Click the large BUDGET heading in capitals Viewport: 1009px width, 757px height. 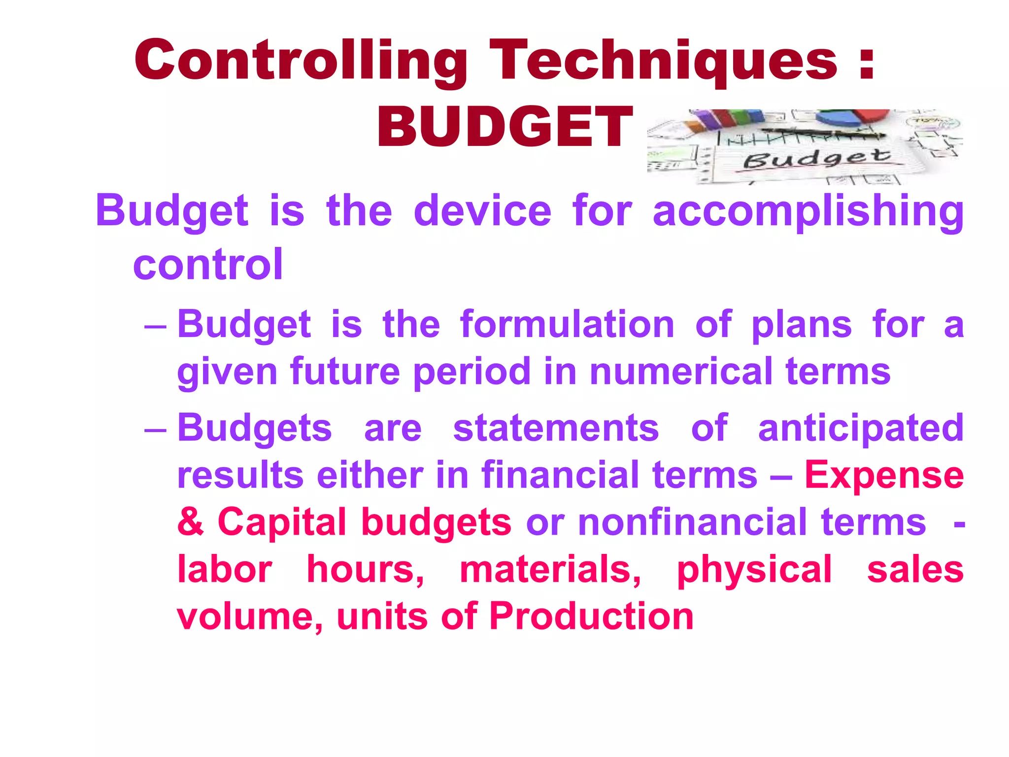[504, 127]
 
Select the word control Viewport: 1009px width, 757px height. [208, 265]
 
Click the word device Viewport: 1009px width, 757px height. [483, 211]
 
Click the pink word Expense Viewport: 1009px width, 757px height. [884, 475]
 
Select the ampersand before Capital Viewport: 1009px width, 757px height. [191, 521]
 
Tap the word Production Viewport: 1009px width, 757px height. [591, 616]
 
